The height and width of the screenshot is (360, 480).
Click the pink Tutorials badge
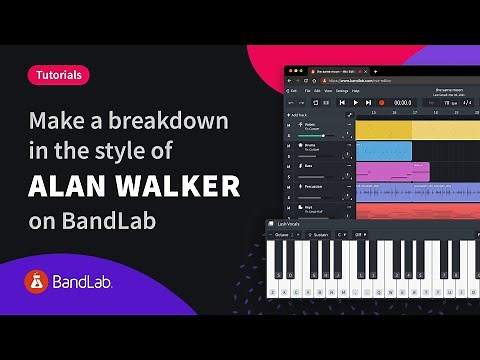pos(57,74)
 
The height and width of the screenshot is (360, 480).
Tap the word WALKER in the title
pos(179,187)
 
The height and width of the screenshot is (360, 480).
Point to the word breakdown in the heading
pos(171,122)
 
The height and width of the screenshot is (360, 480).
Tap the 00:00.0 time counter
pos(402,102)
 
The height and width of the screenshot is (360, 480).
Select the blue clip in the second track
pos(383,150)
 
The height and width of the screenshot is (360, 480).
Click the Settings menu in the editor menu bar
pos(342,90)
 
